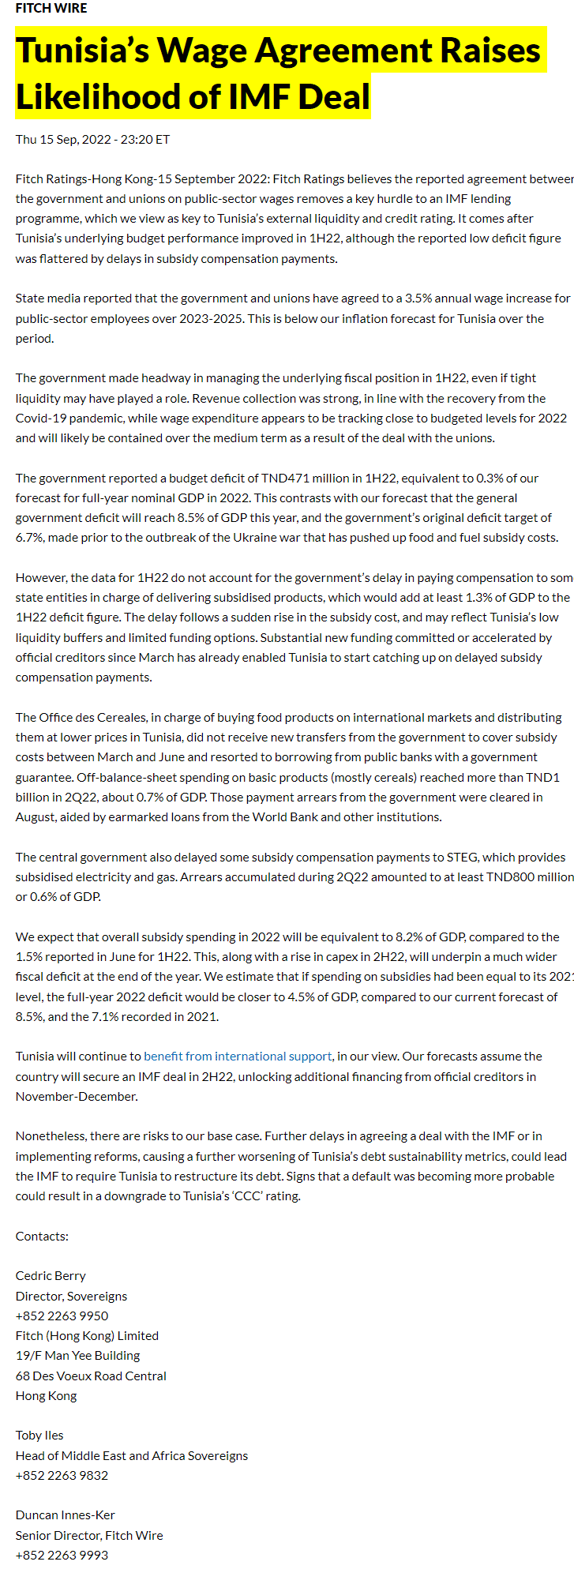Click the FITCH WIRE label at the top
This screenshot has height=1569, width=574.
[x=51, y=9]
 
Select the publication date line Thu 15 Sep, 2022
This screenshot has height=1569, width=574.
[x=92, y=140]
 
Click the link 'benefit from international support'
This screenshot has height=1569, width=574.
[x=238, y=1057]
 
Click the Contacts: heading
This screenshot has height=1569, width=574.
[x=42, y=1237]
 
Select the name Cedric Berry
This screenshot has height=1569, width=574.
[x=51, y=1276]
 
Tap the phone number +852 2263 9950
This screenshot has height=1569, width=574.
[x=62, y=1316]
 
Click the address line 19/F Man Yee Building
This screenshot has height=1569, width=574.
[x=77, y=1356]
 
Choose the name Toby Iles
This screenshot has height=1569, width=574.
[x=39, y=1436]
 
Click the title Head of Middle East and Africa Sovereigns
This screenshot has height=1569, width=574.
[x=132, y=1456]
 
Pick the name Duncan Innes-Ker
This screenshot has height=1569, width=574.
[x=66, y=1515]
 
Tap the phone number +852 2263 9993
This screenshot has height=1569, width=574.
[x=62, y=1556]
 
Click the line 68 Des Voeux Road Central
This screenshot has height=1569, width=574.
[x=91, y=1376]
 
